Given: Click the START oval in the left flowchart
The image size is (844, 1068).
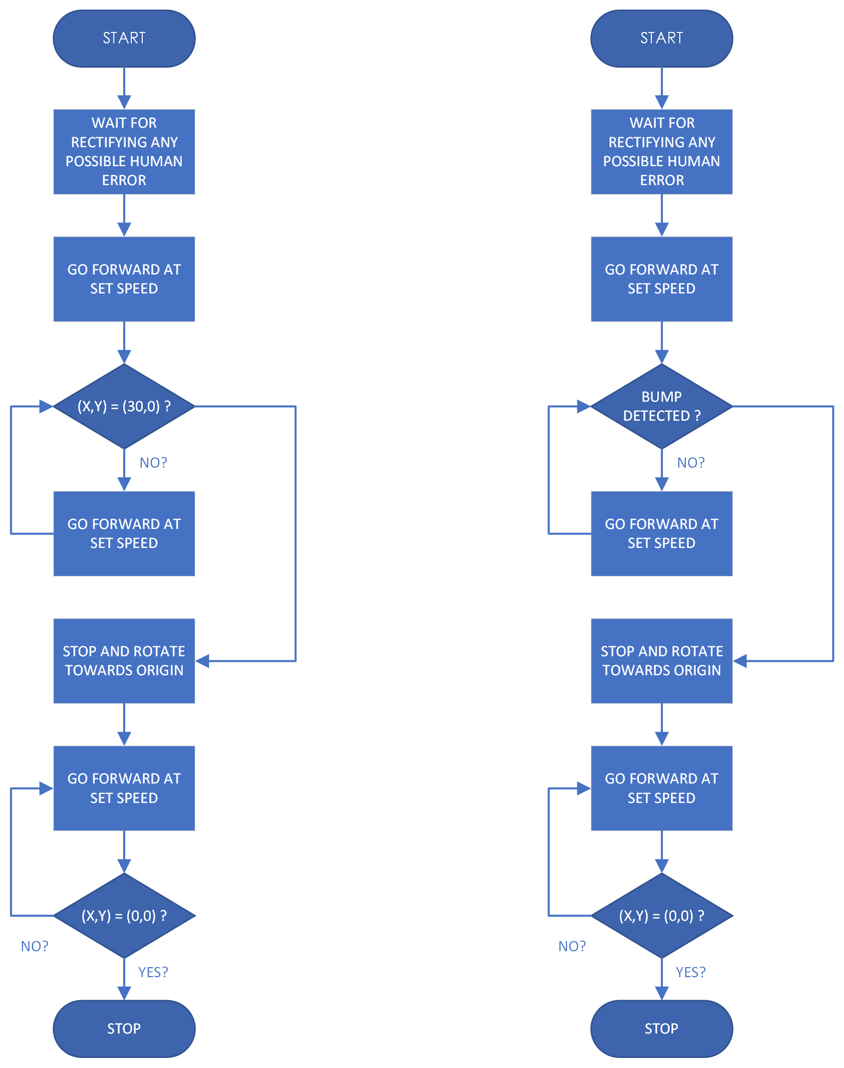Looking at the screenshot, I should coord(124,38).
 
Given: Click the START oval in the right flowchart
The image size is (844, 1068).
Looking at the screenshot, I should coord(661,38).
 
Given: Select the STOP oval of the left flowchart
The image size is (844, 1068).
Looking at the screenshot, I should coord(124,1028).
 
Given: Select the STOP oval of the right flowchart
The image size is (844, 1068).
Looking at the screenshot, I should coord(661,1028).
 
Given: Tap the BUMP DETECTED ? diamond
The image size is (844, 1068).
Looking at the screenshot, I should coord(661,406).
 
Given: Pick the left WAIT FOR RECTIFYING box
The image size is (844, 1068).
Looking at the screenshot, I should coord(124,151).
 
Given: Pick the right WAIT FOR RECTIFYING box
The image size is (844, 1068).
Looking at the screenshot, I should coord(661,151).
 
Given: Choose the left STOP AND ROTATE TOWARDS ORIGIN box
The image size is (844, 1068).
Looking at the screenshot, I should coord(124,661).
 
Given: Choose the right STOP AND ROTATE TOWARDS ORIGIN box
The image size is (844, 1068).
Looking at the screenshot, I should coord(661,661).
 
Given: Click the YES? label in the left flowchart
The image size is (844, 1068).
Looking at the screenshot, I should coord(153,972).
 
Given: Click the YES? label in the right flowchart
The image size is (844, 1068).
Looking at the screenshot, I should coord(691,972).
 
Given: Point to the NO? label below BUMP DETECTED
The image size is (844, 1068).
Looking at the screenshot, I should coord(691,463).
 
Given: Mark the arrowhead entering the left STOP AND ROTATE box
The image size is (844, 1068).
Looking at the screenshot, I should coord(202,661).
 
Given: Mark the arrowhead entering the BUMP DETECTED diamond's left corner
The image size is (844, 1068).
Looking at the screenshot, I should coord(583,406).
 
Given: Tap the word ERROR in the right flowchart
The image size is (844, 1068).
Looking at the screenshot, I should coord(662,180).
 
